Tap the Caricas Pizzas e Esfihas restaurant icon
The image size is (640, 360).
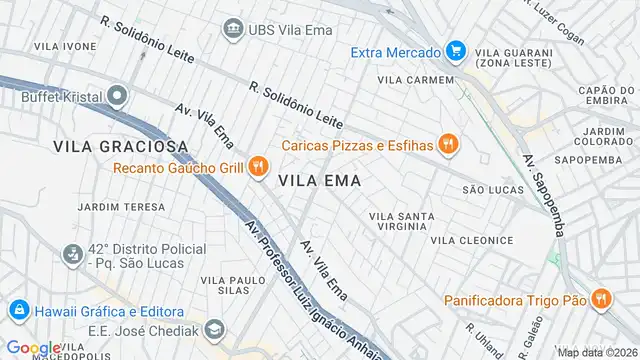[448, 145]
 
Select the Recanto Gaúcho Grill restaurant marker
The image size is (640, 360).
[258, 167]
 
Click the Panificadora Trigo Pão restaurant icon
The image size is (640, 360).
[600, 298]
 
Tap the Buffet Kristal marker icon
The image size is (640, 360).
[118, 97]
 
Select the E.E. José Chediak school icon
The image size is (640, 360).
[214, 328]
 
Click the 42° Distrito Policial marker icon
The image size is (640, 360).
[71, 256]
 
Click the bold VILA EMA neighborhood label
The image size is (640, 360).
[319, 181]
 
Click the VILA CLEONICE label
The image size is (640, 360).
[472, 240]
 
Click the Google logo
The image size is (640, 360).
[32, 347]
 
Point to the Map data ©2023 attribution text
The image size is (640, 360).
[596, 352]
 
